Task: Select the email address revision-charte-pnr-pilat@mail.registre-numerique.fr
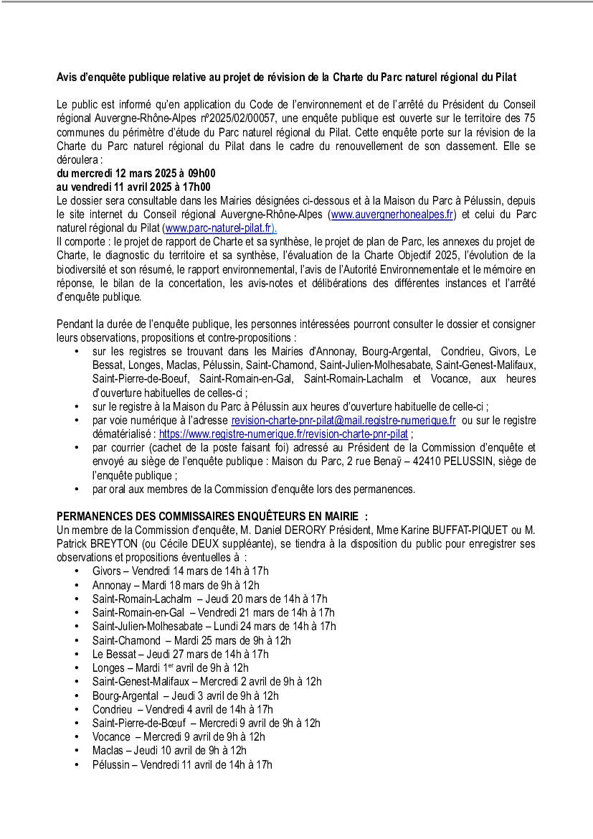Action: coord(343,421)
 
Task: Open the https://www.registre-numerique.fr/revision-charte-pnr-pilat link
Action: coord(283,434)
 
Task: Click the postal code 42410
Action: coord(422,461)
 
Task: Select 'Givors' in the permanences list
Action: coord(107,571)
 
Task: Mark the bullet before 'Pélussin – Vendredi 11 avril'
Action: coord(77,764)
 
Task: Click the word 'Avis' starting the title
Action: coord(67,76)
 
